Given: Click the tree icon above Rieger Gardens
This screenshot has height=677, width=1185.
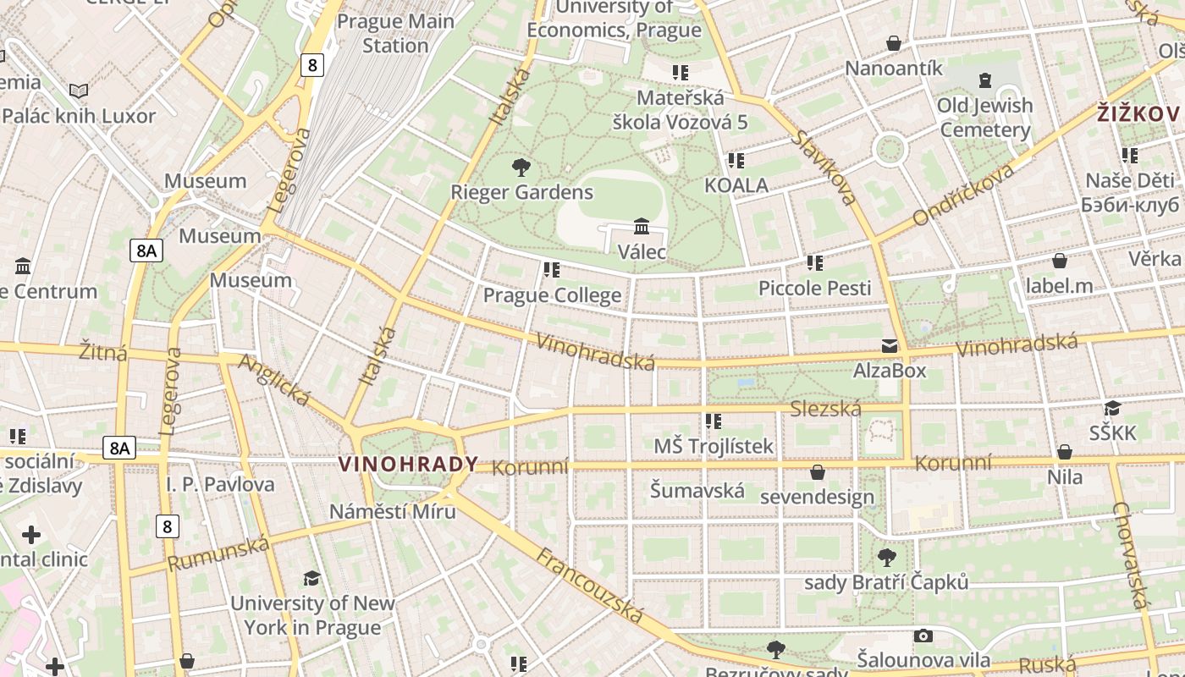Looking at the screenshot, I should point(521,167).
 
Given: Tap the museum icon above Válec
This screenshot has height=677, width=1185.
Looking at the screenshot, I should point(642,226).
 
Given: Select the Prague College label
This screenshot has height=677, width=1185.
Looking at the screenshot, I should point(552,295).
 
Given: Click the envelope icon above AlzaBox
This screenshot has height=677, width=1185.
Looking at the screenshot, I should point(890,345).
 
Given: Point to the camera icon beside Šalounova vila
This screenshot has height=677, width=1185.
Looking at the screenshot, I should point(923,636).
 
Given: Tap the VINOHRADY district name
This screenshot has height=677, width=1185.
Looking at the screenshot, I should point(408,465).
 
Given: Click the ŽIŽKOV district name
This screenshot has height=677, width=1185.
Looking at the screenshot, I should point(1138,113).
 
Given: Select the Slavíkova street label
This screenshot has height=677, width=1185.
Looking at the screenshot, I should point(825,167).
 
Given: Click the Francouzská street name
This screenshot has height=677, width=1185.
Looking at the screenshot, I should point(591,586).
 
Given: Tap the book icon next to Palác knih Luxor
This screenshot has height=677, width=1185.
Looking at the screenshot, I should point(79,91).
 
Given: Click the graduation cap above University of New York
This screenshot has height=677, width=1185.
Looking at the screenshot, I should point(312,578).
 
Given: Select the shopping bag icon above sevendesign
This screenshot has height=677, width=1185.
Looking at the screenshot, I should point(818,471).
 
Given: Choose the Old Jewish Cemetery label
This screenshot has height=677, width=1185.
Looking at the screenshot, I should point(985,118).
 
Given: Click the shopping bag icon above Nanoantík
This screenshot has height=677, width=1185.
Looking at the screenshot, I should point(893,42).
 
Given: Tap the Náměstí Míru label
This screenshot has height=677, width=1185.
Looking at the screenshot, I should point(393,511).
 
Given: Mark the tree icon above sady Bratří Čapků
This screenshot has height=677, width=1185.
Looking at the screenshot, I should point(886,557).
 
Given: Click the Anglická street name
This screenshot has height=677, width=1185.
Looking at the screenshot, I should point(273,379).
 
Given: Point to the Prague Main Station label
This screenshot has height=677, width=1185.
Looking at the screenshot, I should point(395,33).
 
